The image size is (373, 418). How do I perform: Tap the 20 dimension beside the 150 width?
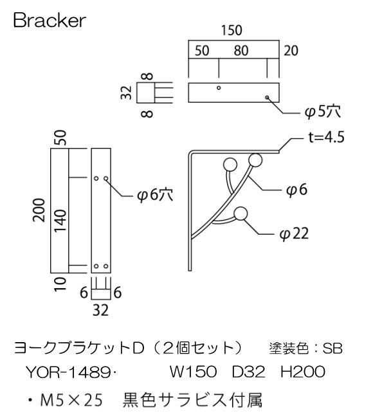pyautogui.click(x=291, y=51)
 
